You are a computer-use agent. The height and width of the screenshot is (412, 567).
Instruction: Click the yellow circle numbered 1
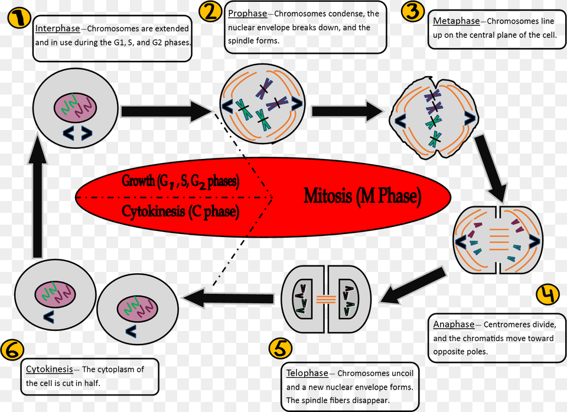coord(18,18)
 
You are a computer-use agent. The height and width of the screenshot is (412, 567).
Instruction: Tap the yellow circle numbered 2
coord(210,11)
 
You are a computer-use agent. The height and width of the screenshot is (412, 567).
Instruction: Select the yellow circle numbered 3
coord(413,11)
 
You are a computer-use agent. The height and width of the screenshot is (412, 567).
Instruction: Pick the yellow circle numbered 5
coord(280,349)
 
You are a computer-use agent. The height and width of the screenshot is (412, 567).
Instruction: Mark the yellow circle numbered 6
coord(12,350)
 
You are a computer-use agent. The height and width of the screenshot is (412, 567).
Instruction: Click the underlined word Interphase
coord(57,28)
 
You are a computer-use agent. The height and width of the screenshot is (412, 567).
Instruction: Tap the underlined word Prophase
coord(247,14)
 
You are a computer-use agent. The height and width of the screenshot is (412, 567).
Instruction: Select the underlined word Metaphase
coord(457,21)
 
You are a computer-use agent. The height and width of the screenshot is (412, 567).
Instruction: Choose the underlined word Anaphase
coord(454,325)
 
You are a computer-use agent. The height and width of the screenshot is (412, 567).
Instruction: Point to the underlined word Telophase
coord(307,373)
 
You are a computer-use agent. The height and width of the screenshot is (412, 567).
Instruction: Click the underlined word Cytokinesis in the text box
coord(50,369)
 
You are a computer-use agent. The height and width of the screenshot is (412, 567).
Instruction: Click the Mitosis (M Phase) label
coord(362,196)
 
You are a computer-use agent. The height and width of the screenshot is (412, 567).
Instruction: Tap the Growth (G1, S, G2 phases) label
coord(181,181)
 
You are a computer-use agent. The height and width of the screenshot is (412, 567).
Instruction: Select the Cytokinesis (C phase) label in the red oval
coord(181,211)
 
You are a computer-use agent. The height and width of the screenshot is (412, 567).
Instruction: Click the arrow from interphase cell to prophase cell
coord(167,111)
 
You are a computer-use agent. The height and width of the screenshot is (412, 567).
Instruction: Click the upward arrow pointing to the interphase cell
coord(37,195)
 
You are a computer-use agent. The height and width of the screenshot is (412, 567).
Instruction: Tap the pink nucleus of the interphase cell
coord(75,107)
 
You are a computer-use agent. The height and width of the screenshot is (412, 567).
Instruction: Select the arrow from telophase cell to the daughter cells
coord(228,298)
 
